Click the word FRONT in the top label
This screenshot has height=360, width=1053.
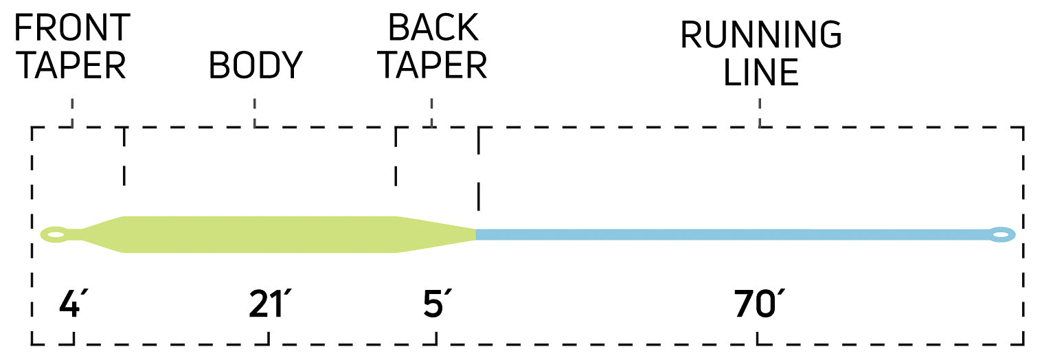pyautogui.click(x=72, y=27)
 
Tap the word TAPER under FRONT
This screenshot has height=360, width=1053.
pyautogui.click(x=71, y=65)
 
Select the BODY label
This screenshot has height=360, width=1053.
pyautogui.click(x=256, y=65)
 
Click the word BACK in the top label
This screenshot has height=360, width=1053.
pyautogui.click(x=433, y=27)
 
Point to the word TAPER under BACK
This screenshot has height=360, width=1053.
pyautogui.click(x=433, y=65)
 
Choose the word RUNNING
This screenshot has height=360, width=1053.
pyautogui.click(x=760, y=34)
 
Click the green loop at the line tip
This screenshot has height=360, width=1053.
pyautogui.click(x=54, y=235)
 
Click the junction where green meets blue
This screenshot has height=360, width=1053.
pyautogui.click(x=476, y=235)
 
